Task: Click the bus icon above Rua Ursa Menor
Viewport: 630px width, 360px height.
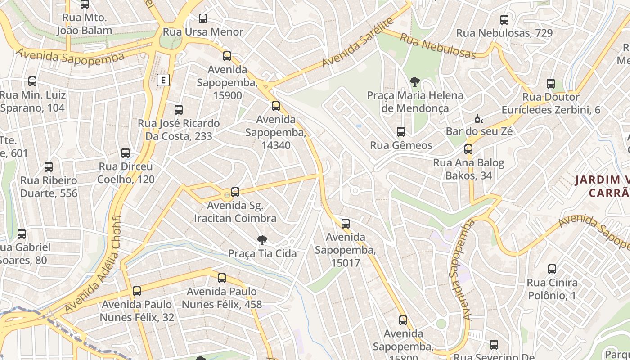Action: (203, 18)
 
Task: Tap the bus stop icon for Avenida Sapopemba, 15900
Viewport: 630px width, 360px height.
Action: (227, 56)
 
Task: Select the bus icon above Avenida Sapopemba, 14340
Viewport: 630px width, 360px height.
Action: (276, 106)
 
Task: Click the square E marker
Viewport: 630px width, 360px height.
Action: (163, 80)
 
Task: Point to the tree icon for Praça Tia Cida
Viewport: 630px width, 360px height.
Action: (262, 240)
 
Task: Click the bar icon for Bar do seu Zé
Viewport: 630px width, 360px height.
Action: (479, 119)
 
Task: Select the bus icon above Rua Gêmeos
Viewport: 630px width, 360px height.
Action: (401, 132)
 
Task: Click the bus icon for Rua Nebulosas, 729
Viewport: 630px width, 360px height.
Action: (504, 20)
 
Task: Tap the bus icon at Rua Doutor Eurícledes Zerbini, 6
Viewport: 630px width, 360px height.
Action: (551, 84)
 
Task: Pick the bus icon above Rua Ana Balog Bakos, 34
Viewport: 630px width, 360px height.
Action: (468, 149)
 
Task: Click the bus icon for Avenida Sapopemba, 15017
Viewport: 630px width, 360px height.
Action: (346, 224)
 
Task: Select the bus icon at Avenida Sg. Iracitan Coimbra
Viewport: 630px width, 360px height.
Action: (235, 192)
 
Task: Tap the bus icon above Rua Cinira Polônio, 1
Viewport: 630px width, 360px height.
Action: (552, 270)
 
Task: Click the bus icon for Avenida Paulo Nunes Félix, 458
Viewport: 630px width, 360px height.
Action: (222, 278)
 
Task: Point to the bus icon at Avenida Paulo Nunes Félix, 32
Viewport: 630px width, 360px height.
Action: (137, 291)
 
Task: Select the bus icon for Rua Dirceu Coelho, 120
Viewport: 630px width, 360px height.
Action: (126, 153)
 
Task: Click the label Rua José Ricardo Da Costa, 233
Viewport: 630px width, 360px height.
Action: (179, 130)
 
